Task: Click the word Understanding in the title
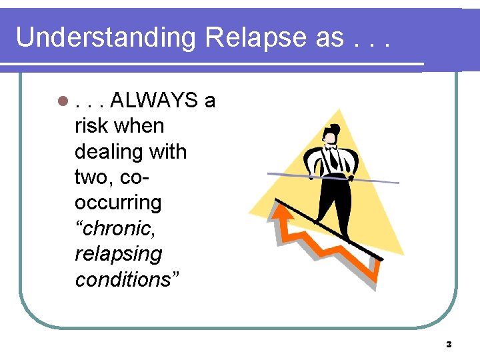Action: pyautogui.click(x=106, y=38)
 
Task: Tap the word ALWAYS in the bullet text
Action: pyautogui.click(x=155, y=101)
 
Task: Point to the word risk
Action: pyautogui.click(x=92, y=126)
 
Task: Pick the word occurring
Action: pyautogui.click(x=118, y=203)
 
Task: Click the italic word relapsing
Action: pyautogui.click(x=118, y=254)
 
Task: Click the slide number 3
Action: pyautogui.click(x=448, y=345)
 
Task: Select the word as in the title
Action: pyautogui.click(x=329, y=38)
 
